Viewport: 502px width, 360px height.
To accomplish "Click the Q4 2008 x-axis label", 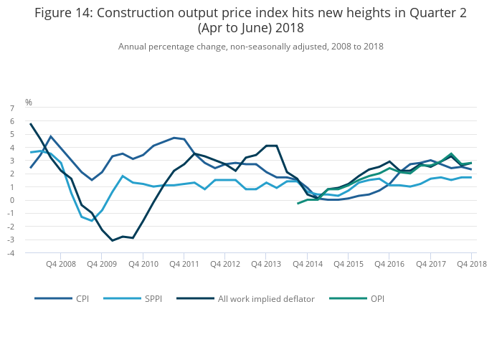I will [60, 264].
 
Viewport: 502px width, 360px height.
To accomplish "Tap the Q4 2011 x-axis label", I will [184, 264].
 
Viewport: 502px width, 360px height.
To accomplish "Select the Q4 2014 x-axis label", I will [308, 264].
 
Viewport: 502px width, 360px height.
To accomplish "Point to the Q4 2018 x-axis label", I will [472, 264].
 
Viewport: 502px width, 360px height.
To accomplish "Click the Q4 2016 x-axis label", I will [389, 264].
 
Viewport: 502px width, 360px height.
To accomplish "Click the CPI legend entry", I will [82, 298].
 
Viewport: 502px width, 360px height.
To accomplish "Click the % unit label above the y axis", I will [29, 103].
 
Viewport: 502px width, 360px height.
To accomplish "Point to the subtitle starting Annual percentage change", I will [251, 47].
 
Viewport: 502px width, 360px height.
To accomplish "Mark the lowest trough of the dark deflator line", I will [112, 240].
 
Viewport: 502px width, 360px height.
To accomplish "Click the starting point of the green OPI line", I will [298, 204].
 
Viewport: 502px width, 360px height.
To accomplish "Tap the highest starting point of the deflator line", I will [30, 124].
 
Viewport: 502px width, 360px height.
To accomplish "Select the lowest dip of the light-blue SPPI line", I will [92, 220].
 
